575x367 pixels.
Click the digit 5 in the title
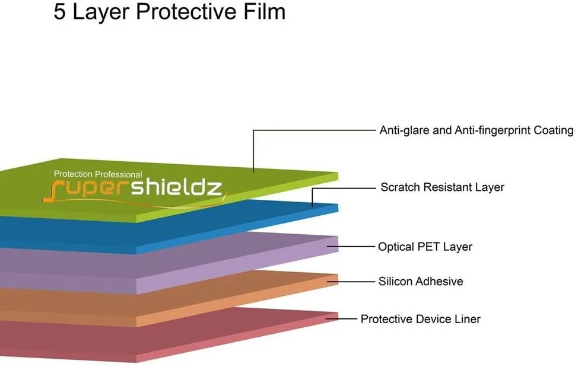tap(60, 12)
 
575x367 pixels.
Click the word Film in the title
tap(263, 12)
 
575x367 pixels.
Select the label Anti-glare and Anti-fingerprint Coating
tap(476, 130)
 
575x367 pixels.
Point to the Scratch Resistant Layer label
tap(442, 187)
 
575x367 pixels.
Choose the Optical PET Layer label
tap(425, 247)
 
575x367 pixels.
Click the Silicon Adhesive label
tap(421, 281)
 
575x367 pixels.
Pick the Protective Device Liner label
tap(420, 319)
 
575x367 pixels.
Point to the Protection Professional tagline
tap(98, 174)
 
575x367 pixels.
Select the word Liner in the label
tap(465, 319)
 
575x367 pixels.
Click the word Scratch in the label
tap(399, 187)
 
